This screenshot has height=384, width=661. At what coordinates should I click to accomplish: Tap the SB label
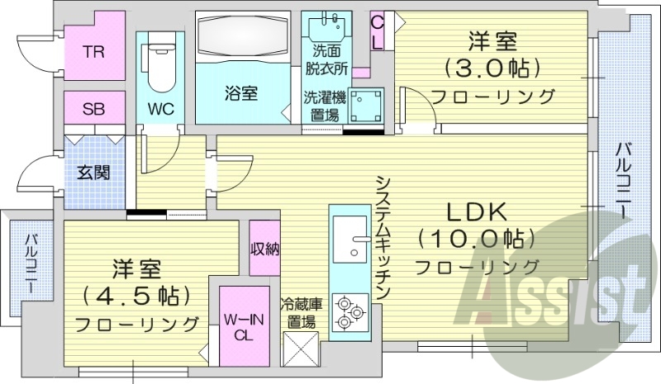(x=93, y=107)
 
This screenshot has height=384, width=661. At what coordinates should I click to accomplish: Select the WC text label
(x=160, y=108)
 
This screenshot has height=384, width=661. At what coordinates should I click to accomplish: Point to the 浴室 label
(x=240, y=93)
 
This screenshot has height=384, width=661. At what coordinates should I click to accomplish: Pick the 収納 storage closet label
(x=265, y=248)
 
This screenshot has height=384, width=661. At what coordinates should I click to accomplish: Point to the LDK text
(x=477, y=211)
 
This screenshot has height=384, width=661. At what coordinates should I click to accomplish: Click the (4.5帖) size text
(x=137, y=294)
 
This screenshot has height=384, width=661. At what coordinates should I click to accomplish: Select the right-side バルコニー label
(x=625, y=181)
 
